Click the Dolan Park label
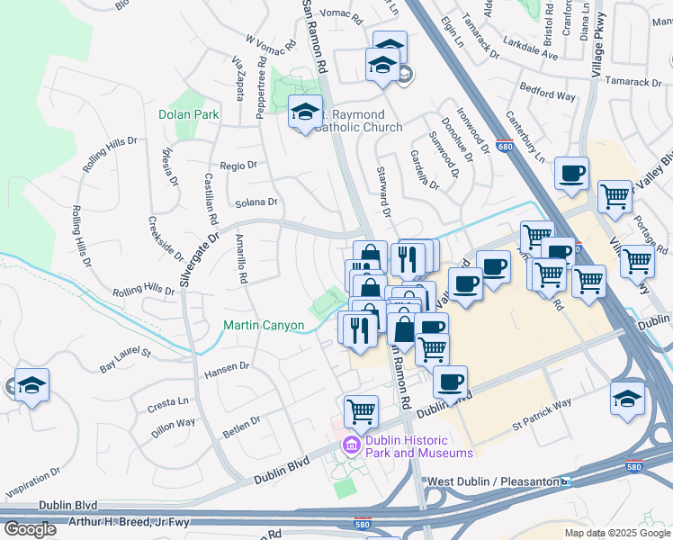pos(189,115)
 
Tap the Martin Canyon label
pos(264,325)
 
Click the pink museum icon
pos(351,443)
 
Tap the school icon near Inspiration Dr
pos(31,387)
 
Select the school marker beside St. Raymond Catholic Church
pos(305,112)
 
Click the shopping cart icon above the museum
pos(361,410)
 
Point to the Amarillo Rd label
pos(242,258)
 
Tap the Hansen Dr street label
pos(227,366)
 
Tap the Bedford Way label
pos(547,95)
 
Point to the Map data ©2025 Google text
pos(618,533)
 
